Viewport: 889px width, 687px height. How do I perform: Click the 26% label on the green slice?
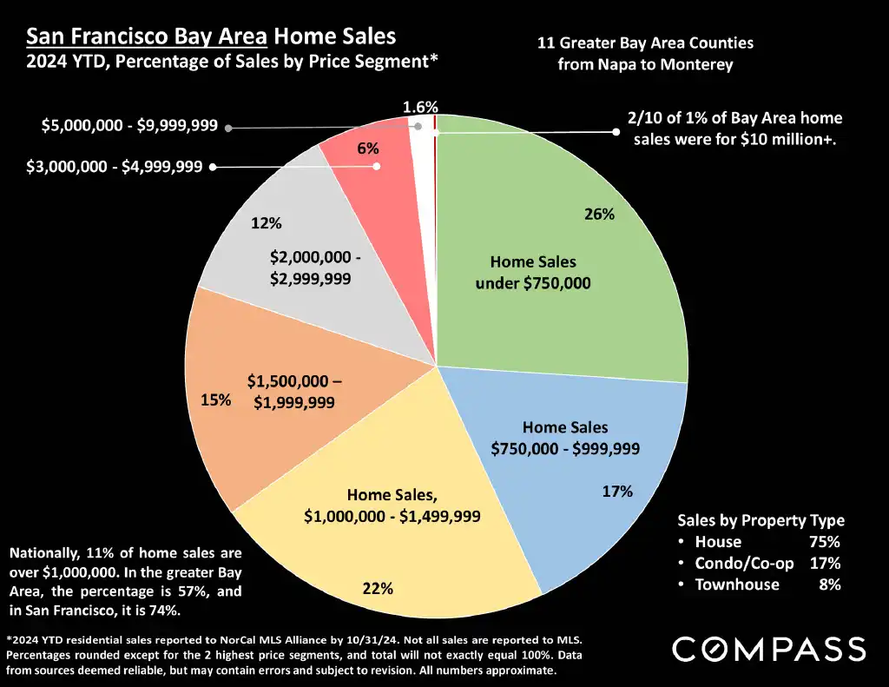(x=599, y=215)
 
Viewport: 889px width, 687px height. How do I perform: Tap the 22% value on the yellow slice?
(x=378, y=589)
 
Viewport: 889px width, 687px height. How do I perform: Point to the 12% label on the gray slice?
(x=267, y=223)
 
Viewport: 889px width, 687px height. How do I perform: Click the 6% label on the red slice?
(x=367, y=149)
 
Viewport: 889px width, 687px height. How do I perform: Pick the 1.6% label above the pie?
(x=420, y=107)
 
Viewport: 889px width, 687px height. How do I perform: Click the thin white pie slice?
(x=424, y=174)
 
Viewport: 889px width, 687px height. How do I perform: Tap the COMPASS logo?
(x=768, y=649)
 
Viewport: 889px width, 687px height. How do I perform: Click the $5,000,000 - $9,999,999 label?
(x=129, y=127)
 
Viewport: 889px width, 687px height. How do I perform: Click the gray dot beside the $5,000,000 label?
(x=228, y=128)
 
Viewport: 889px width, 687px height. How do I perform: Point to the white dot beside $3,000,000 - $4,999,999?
(x=214, y=166)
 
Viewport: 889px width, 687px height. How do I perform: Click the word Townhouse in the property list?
(x=737, y=585)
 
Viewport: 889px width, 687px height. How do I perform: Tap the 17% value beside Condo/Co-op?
(x=825, y=563)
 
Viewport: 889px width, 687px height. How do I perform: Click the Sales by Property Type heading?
(x=761, y=520)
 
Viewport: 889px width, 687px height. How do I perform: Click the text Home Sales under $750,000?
(x=533, y=272)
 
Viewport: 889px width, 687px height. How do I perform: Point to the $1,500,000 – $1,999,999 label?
(x=294, y=392)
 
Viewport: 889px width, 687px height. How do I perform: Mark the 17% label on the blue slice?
(x=617, y=492)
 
